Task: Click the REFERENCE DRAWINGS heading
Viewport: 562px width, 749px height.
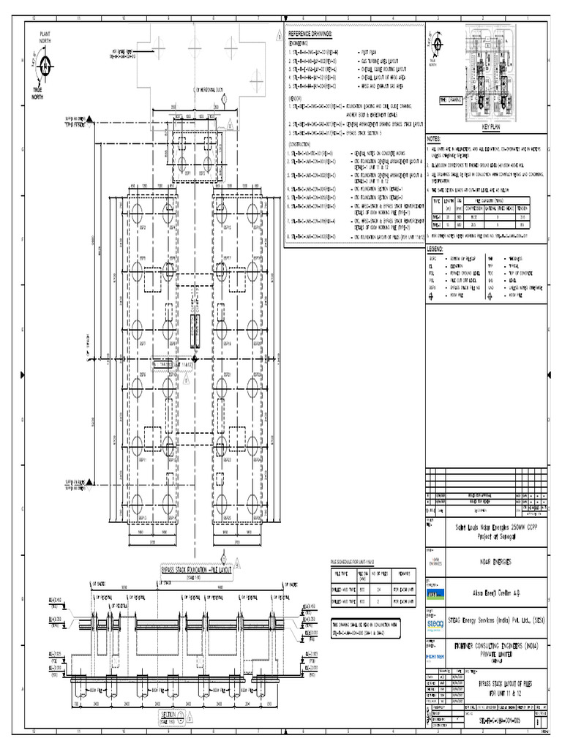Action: point(310,34)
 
